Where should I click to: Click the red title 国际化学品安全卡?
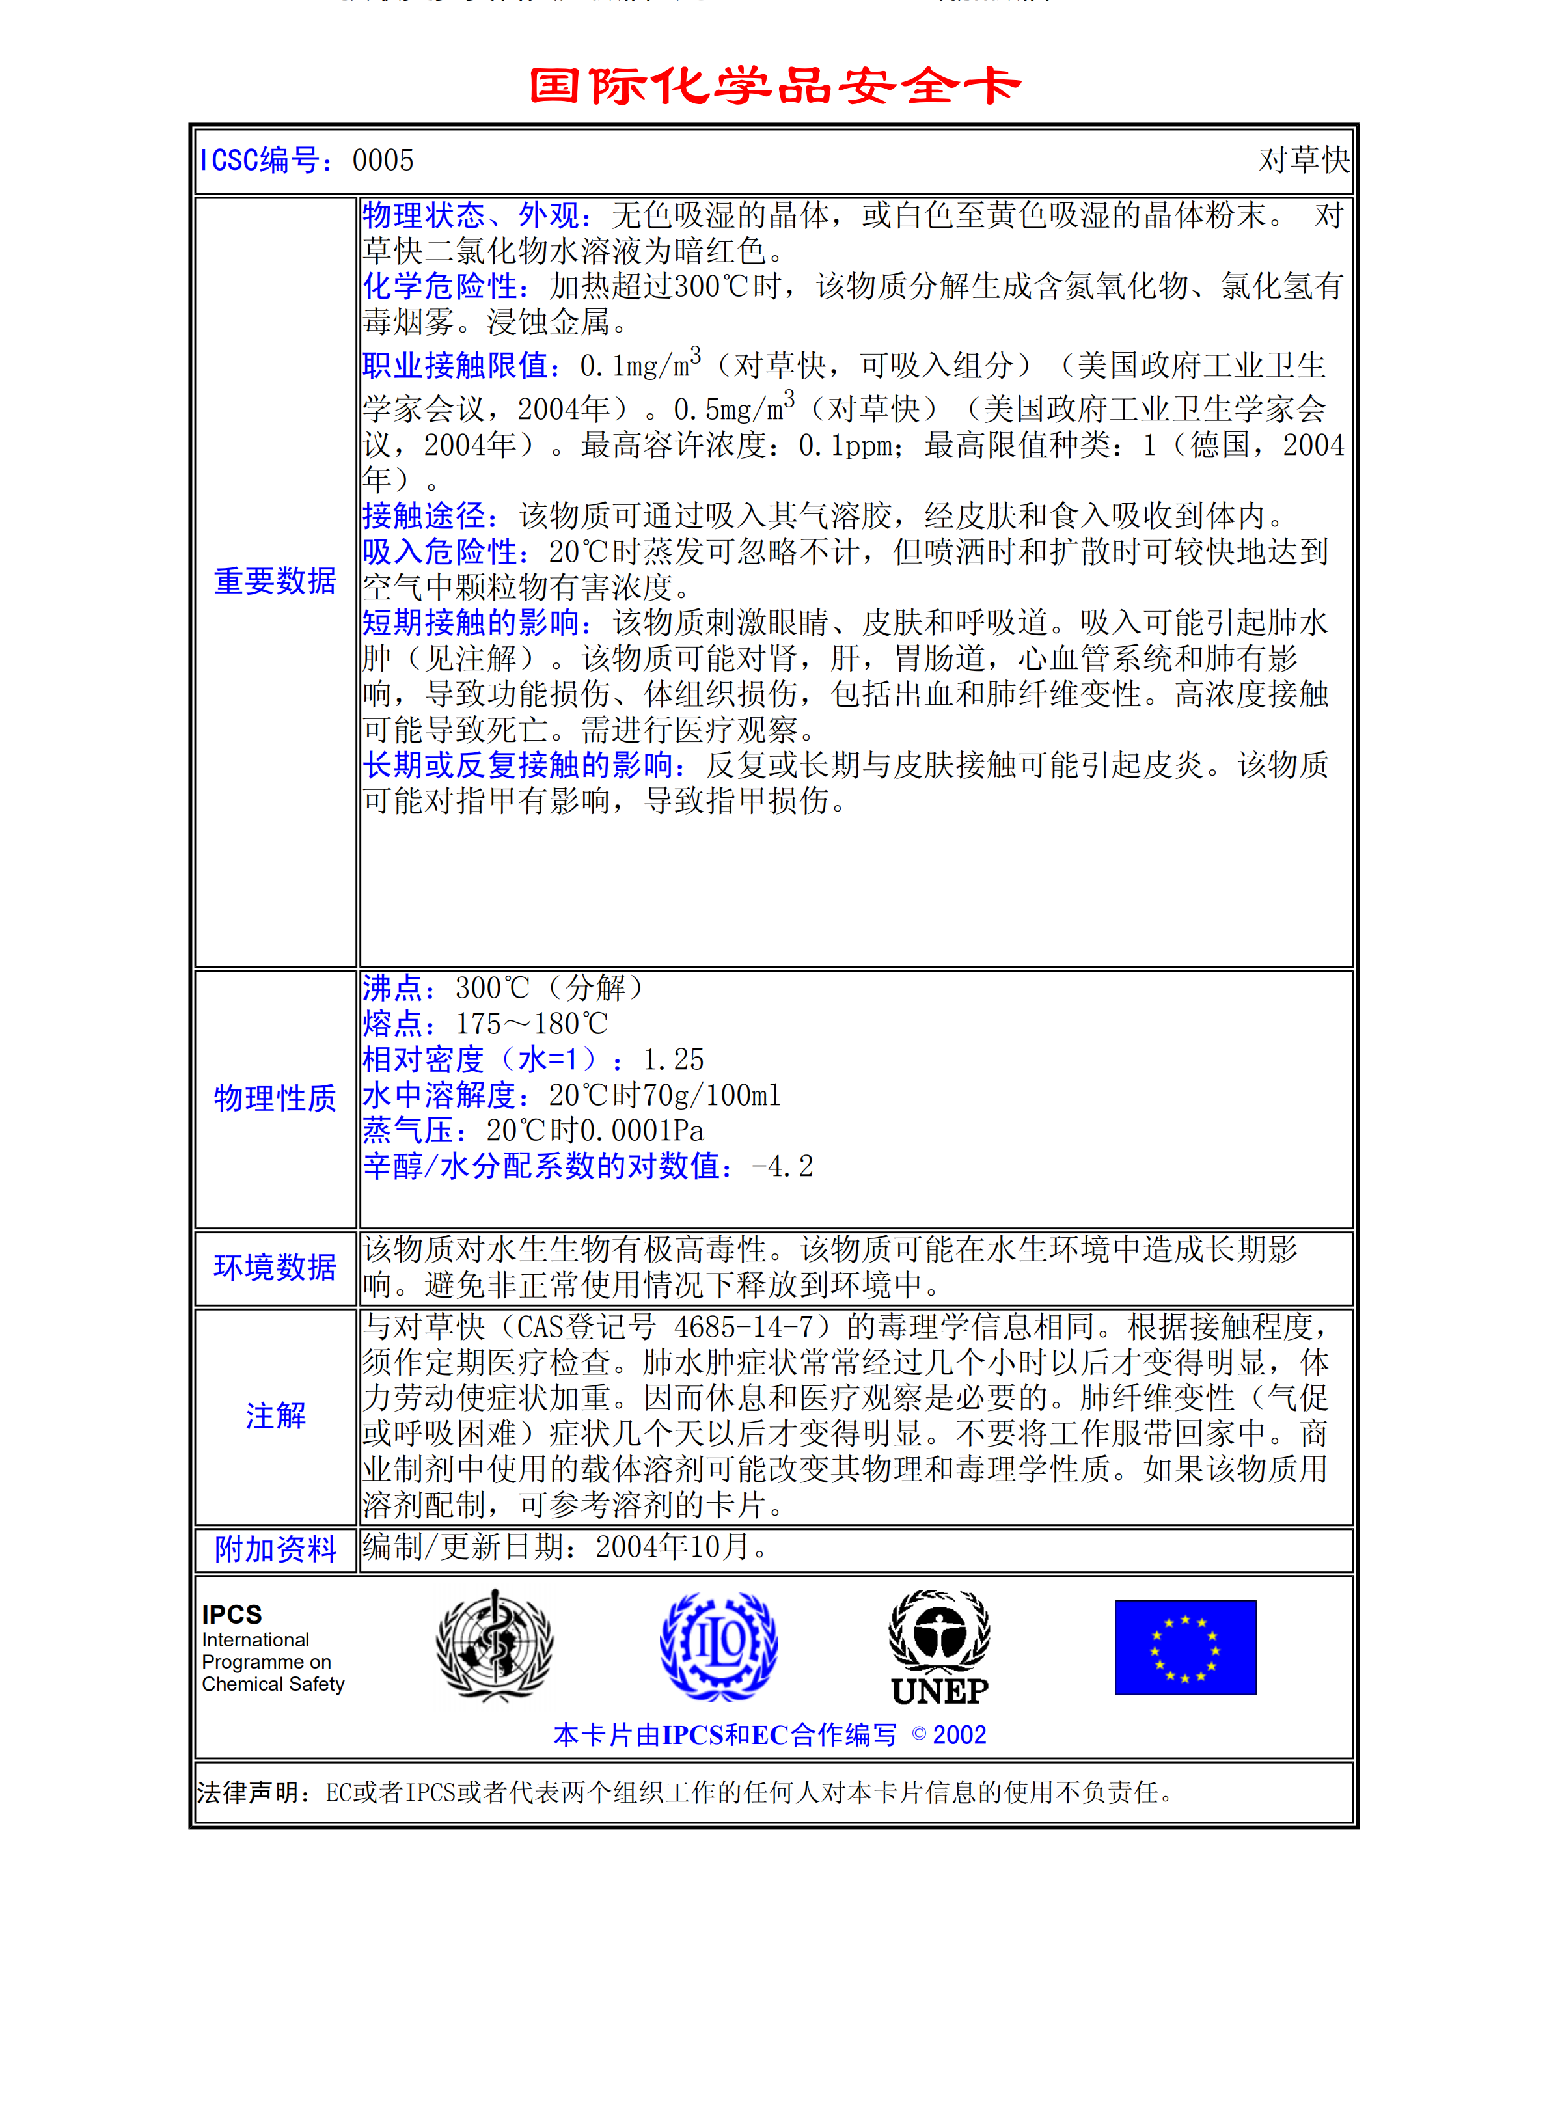[774, 86]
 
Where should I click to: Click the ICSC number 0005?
[383, 161]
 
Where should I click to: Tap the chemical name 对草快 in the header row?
[1303, 161]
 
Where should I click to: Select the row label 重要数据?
[275, 582]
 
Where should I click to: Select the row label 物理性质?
[275, 1099]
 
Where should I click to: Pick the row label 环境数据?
[275, 1268]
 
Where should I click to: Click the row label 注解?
[275, 1417]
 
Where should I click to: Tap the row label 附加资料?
[275, 1550]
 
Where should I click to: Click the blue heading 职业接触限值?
[460, 366]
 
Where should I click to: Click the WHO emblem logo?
[495, 1646]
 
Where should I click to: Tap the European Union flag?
[1185, 1648]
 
